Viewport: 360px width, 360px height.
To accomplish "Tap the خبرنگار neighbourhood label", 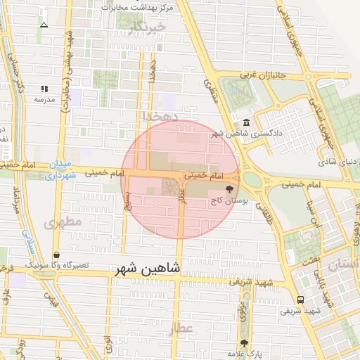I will [x=147, y=27].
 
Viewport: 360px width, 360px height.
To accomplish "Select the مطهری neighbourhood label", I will [x=63, y=221].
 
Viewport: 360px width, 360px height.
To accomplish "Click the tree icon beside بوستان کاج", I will [x=229, y=189].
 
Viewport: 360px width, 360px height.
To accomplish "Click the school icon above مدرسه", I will [x=44, y=89].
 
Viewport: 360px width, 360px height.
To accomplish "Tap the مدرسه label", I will [x=44, y=99].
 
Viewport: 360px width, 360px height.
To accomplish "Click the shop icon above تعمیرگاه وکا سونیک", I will [x=56, y=255].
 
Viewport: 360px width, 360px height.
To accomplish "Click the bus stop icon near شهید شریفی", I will [x=301, y=299].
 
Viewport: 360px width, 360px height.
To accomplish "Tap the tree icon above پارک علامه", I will [x=244, y=342].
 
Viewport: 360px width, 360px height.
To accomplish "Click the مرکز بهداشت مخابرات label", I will [x=138, y=7].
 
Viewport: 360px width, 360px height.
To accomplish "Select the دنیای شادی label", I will [x=338, y=162].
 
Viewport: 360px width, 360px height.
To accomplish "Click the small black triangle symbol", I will [x=44, y=25].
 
